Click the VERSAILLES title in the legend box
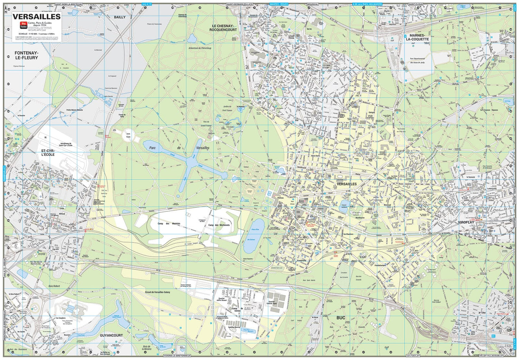pos(36,16)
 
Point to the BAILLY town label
pos(120,17)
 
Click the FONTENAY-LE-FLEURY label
pos(26,55)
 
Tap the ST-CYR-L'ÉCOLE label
pos(48,153)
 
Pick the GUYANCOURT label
pos(111,335)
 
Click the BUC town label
pos(341,317)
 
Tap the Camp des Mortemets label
pos(219,225)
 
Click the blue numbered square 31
pos(493,336)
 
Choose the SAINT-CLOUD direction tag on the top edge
pos(416,4)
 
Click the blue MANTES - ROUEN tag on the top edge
pos(279,4)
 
